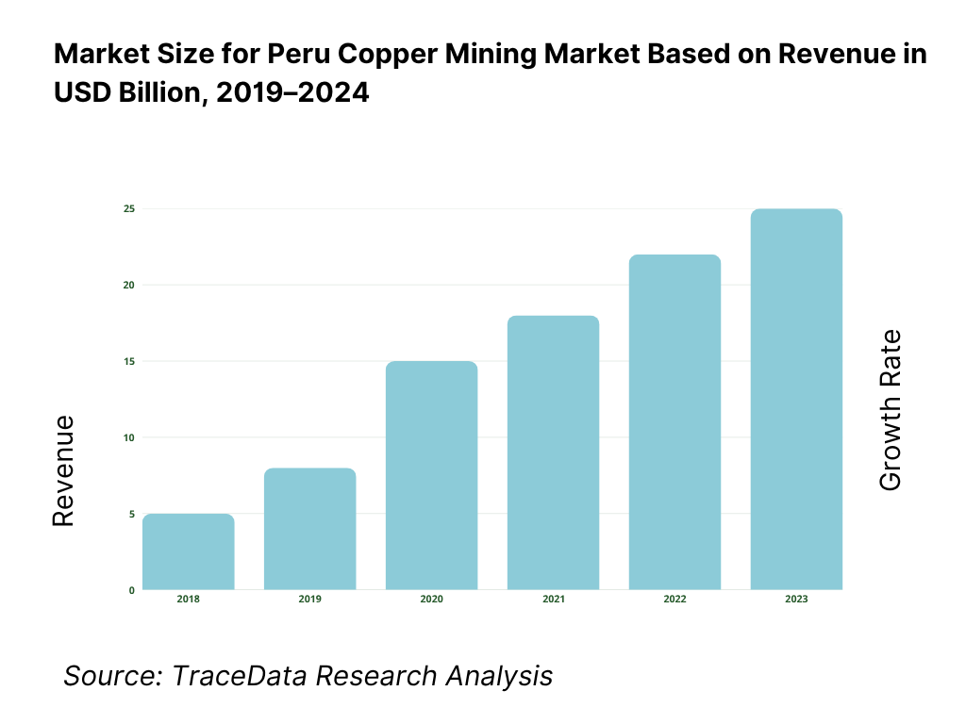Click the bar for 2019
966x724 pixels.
click(x=309, y=529)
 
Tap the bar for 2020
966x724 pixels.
click(x=431, y=475)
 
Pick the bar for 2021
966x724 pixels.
click(x=553, y=452)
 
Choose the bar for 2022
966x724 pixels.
click(x=675, y=422)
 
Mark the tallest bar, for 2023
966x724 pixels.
click(x=796, y=399)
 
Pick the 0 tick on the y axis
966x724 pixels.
click(x=131, y=590)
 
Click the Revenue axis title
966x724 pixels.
click(x=63, y=471)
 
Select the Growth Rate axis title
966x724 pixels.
click(x=890, y=410)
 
